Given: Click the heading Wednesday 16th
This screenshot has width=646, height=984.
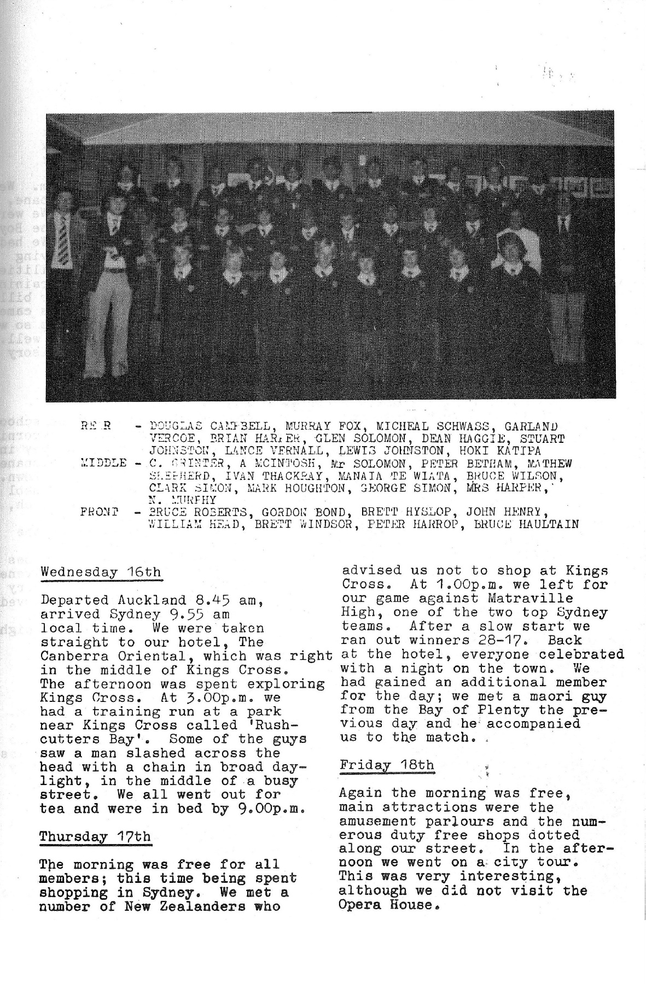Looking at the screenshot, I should tap(101, 572).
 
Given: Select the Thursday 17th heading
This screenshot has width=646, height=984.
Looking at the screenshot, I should tap(95, 836).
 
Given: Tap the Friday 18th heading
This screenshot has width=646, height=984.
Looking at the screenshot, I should tap(387, 764).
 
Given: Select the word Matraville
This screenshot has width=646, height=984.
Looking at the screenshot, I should tap(537, 599).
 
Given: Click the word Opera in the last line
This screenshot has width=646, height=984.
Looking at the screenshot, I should tap(359, 904).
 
